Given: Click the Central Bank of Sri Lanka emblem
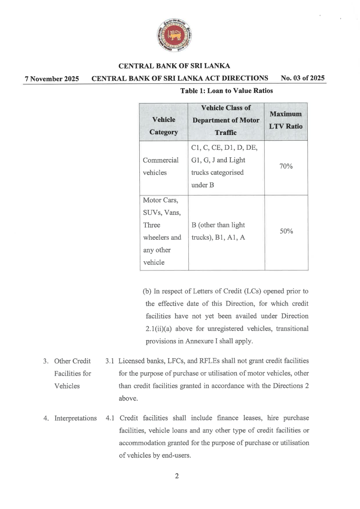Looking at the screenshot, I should tap(175, 35).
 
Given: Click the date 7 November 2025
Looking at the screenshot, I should tap(52, 79).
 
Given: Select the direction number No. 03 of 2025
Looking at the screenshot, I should tap(302, 78).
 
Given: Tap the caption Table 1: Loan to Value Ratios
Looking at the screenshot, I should tap(226, 91).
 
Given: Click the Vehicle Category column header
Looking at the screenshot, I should tap(164, 126).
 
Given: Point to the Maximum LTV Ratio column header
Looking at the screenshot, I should tap(286, 120).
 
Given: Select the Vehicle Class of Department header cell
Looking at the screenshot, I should tap(226, 120).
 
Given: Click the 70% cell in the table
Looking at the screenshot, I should tap(286, 166).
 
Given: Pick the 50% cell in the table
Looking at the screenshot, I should tap(286, 231).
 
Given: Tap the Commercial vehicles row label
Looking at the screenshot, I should tap(161, 166).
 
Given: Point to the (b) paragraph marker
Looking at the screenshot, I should tap(147, 291).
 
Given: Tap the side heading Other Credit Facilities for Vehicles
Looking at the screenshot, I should tap(72, 373).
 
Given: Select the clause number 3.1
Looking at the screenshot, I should tap(109, 361).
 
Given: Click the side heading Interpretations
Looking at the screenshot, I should tap(75, 418).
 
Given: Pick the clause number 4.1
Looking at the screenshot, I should tap(110, 418).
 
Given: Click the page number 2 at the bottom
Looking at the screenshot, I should tap(177, 476).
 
